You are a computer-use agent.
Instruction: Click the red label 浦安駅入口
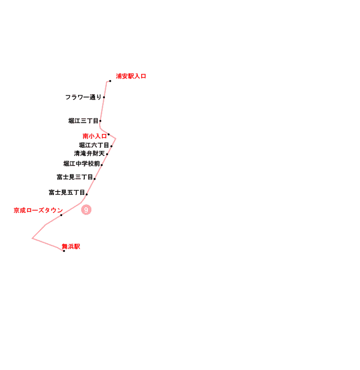coord(131,76)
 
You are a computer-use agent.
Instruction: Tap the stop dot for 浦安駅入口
coord(110,81)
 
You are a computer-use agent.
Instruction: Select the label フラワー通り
coord(83,97)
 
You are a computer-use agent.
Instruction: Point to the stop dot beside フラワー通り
coord(104,97)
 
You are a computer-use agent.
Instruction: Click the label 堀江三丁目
coord(83,121)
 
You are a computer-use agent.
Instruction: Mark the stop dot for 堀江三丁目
coord(100,121)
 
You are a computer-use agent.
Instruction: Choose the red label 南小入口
coord(94,136)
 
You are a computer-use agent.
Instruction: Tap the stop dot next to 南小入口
coord(108,134)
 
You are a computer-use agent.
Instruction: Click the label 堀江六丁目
coord(94,145)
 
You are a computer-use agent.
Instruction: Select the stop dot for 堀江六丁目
coord(111,146)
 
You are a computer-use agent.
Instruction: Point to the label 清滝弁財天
coord(89,153)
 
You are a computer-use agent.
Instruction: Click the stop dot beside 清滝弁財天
coord(107,154)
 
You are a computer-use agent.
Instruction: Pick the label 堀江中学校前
coord(82,164)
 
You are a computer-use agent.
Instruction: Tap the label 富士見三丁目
coord(75,177)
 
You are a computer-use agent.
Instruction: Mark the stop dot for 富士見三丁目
coord(94,179)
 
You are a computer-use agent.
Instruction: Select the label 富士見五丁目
coord(67,192)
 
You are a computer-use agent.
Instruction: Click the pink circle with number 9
coord(86,210)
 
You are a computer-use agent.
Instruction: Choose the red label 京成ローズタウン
coord(38,210)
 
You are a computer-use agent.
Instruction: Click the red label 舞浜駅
coord(71,247)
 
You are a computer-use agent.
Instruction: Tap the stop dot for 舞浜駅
coord(64,251)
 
